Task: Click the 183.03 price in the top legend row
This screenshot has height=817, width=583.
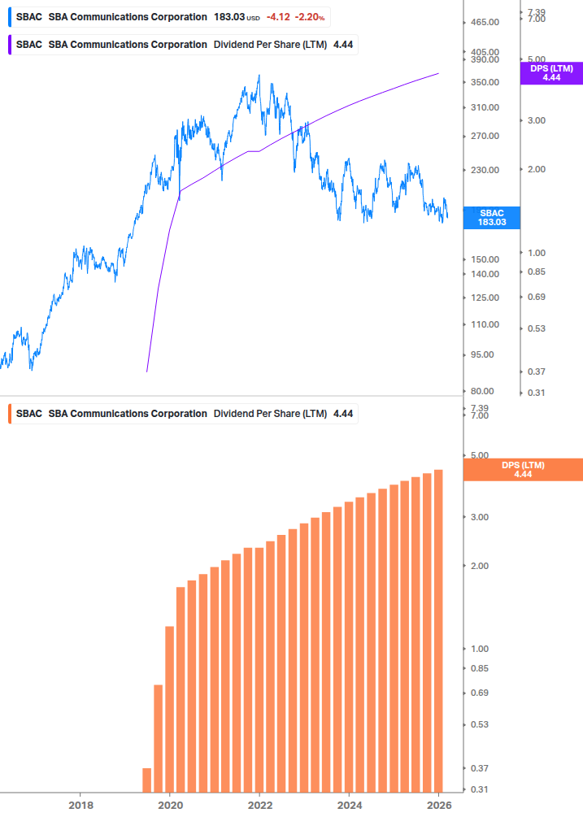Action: pyautogui.click(x=228, y=17)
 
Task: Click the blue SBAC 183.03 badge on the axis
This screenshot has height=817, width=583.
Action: pyautogui.click(x=491, y=217)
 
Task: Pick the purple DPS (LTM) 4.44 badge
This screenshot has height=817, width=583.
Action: pyautogui.click(x=551, y=73)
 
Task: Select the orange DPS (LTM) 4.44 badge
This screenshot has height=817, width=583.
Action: pyautogui.click(x=522, y=470)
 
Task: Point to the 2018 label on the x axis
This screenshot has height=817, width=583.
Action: pyautogui.click(x=80, y=805)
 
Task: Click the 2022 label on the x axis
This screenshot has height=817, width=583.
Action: pyautogui.click(x=259, y=805)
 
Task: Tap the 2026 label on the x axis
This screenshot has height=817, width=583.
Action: pyautogui.click(x=438, y=805)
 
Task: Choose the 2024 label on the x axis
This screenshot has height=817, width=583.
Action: pyautogui.click(x=349, y=805)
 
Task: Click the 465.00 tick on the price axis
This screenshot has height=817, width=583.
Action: pyautogui.click(x=484, y=24)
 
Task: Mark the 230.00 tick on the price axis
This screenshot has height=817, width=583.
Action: pyautogui.click(x=484, y=171)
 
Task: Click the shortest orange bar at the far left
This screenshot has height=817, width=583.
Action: pyautogui.click(x=147, y=780)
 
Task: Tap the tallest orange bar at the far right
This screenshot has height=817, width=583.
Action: pyautogui.click(x=438, y=630)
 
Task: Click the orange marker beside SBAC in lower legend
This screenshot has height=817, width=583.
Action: pyautogui.click(x=9, y=414)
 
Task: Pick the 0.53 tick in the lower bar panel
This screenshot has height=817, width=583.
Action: pyautogui.click(x=479, y=724)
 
